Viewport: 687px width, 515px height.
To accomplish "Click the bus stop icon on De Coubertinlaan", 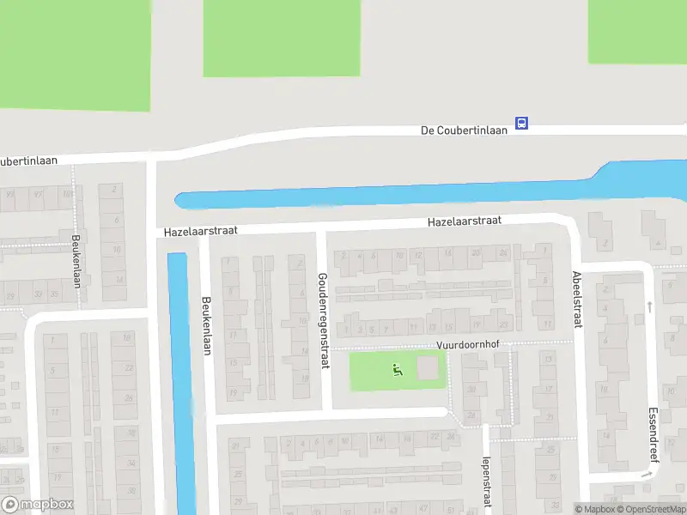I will (521, 124).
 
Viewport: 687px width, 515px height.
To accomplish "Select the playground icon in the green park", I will (397, 370).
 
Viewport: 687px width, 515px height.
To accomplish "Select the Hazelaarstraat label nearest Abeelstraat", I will (465, 221).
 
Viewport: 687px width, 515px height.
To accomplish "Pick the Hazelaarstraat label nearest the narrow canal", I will (200, 232).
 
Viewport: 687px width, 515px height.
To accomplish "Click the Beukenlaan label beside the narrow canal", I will (206, 327).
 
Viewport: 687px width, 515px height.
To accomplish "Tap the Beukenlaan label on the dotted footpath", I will (76, 261).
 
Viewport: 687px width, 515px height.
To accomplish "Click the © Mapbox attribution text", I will (596, 509).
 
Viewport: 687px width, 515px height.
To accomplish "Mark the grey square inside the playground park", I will (427, 368).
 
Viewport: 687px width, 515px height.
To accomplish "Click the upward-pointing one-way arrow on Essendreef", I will (649, 306).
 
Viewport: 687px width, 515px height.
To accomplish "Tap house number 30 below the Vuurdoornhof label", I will (471, 390).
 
